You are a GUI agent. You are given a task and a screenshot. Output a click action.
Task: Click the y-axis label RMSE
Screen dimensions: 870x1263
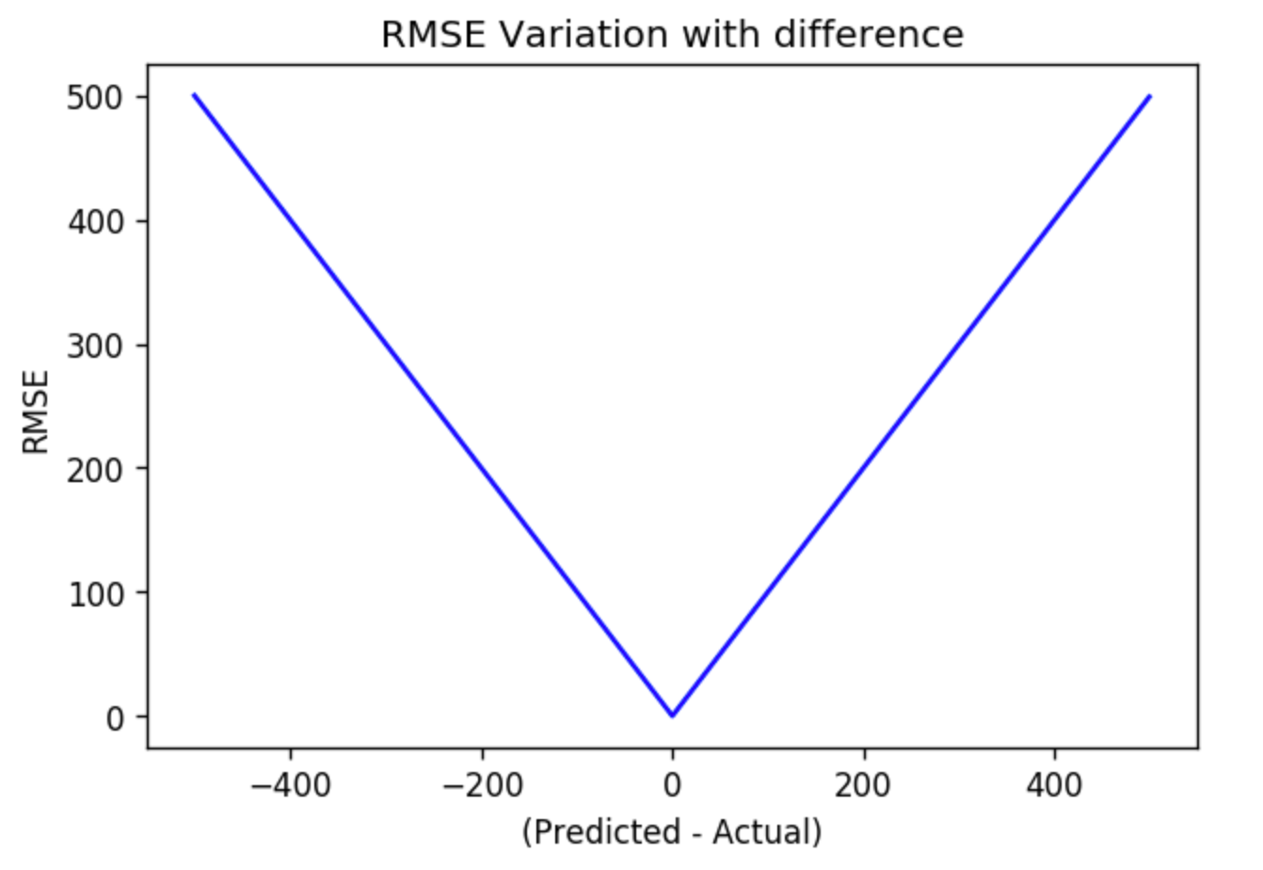36,411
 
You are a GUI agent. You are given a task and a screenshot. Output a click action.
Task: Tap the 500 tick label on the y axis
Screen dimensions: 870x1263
95,97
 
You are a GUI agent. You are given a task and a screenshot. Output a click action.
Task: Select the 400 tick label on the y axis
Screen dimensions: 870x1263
95,221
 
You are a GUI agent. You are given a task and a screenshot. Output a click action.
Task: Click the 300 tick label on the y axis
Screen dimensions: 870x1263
95,346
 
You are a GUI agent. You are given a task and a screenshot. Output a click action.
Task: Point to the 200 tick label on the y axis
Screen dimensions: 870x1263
95,469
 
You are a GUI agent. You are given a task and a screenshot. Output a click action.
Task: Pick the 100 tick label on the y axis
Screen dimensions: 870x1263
95,593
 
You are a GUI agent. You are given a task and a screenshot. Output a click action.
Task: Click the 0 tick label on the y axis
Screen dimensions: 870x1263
113,717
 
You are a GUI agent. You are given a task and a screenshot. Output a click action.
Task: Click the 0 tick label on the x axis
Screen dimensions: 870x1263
672,783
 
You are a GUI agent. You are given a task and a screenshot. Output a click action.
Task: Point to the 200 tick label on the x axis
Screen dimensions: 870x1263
863,783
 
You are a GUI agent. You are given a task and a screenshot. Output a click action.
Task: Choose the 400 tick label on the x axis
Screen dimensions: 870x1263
1054,783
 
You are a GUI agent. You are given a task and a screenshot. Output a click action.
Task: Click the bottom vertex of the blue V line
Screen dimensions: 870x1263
672,716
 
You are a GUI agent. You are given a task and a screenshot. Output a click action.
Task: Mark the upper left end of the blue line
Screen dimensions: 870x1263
195,95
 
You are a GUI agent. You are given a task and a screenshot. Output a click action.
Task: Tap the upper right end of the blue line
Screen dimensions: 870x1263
1149,96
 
